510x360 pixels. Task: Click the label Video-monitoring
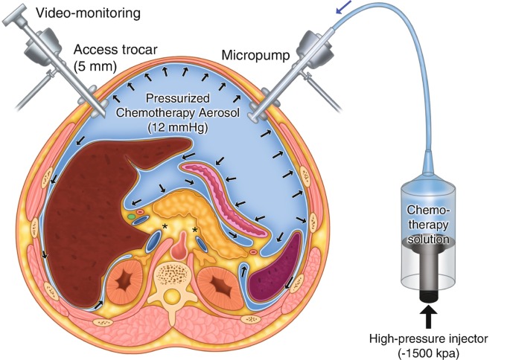pos(88,13)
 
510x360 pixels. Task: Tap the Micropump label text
pos(255,55)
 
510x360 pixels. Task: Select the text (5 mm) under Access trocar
pos(95,66)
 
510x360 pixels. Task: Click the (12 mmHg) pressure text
pos(178,127)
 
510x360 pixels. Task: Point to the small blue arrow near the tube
pos(344,7)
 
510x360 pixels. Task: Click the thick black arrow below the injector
pos(430,317)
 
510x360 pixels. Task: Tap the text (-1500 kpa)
pos(429,353)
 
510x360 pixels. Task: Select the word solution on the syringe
pos(429,240)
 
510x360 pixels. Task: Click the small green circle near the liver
pos(131,216)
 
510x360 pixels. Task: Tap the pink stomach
pos(224,198)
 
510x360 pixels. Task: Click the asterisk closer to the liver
pos(165,226)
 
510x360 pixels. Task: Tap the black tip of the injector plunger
pos(430,296)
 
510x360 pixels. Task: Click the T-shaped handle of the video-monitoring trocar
pos(15,16)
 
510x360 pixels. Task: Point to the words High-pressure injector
pos(429,339)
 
